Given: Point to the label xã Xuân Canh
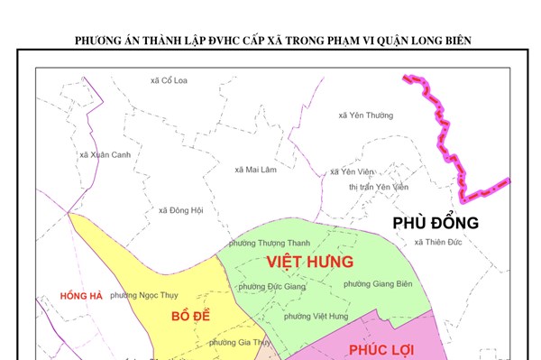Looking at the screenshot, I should pos(99,154).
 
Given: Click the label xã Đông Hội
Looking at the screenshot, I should pos(180,210).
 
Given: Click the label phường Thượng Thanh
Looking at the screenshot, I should pos(270,243).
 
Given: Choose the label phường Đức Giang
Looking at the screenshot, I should pos(272,286).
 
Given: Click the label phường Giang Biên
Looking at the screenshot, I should pos(378,284).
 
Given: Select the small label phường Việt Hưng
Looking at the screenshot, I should pos(316,316).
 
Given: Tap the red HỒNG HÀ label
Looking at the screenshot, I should pos(83,296).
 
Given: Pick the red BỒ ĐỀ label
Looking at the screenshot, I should pos(191,317).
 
